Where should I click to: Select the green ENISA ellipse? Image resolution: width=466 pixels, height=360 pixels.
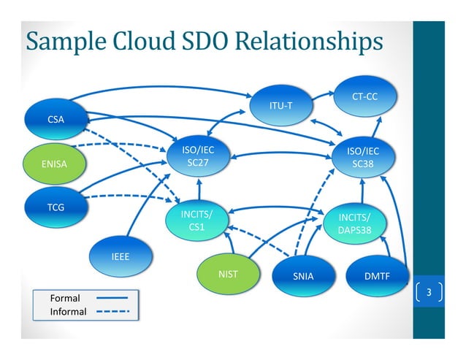tap(55, 164)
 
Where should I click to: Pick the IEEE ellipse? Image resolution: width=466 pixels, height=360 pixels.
tap(121, 257)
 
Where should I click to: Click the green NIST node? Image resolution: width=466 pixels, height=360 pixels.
tap(229, 275)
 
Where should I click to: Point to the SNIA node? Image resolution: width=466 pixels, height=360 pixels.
tap(302, 277)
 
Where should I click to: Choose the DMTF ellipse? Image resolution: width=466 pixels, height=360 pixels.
tap(376, 277)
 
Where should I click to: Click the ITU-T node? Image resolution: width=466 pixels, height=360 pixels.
tap(280, 106)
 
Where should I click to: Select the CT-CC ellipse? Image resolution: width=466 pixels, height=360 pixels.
tap(364, 96)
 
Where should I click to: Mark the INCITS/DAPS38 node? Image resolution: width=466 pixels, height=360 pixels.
tap(354, 224)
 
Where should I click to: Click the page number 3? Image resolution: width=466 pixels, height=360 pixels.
tap(429, 294)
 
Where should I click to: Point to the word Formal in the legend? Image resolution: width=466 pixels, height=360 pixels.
tap(64, 298)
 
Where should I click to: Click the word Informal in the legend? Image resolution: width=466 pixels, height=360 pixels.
tap(68, 312)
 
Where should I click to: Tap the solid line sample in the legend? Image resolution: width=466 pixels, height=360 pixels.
tap(111, 298)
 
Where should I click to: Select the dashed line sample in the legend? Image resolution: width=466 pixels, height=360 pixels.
tap(111, 312)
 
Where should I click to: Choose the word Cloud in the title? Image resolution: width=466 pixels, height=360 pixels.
tap(141, 42)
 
